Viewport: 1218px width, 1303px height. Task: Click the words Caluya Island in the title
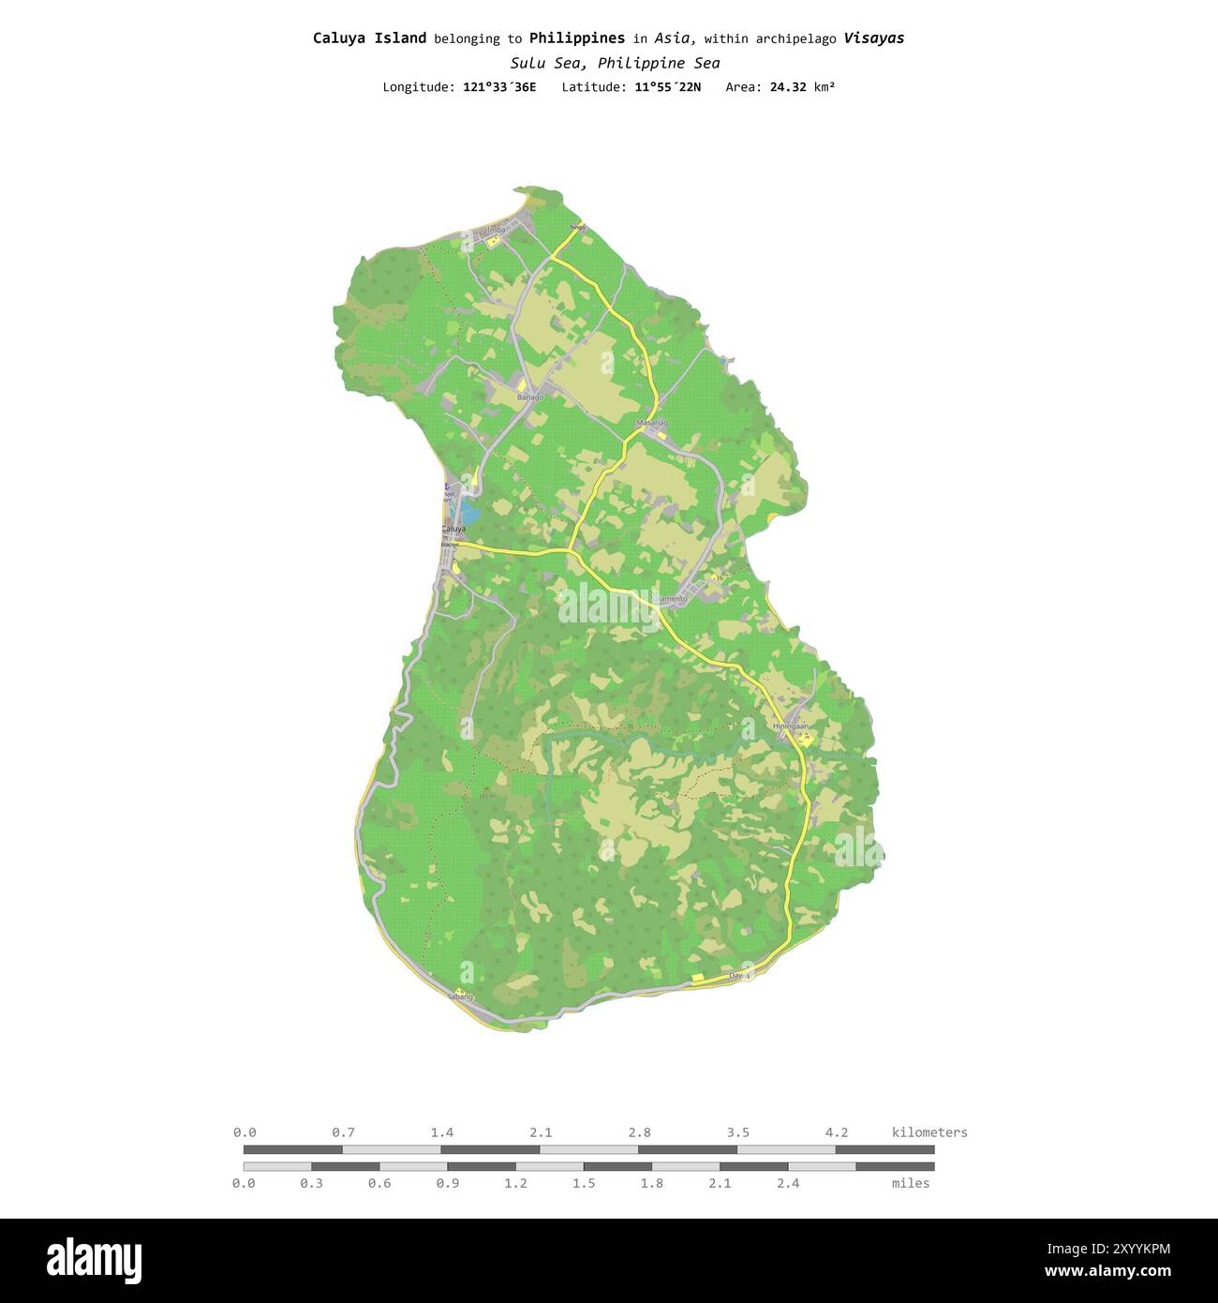coord(369,38)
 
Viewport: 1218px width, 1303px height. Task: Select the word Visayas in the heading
coord(873,38)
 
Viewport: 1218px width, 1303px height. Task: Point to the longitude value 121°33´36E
coord(499,87)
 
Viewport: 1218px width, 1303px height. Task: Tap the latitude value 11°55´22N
coord(666,87)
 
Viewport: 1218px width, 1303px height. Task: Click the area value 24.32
coord(788,87)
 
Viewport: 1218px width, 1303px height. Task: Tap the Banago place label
coord(529,397)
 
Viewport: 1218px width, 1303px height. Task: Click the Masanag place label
coord(652,423)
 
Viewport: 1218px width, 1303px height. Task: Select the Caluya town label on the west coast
coord(453,529)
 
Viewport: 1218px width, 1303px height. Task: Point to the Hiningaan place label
coord(791,726)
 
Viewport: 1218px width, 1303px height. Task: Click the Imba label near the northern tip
coord(496,230)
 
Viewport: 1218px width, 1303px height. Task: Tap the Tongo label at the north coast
coord(577,227)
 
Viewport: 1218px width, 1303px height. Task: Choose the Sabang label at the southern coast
coord(460,997)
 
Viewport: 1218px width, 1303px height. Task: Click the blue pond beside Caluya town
coord(468,513)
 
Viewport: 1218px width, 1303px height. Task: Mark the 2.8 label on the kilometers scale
coord(640,1132)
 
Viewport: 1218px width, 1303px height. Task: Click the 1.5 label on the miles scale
coord(584,1183)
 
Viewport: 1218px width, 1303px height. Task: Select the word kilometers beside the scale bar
coord(929,1132)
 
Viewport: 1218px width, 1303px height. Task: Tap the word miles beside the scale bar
coord(911,1183)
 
